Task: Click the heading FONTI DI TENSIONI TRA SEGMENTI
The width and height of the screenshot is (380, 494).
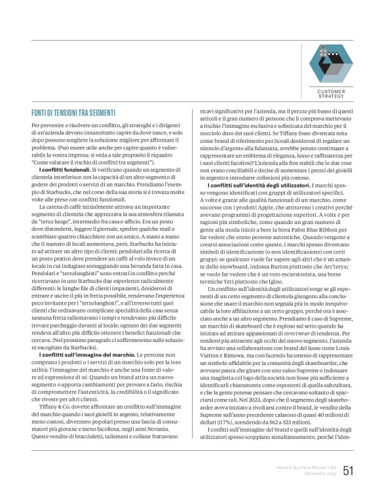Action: coord(73,113)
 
